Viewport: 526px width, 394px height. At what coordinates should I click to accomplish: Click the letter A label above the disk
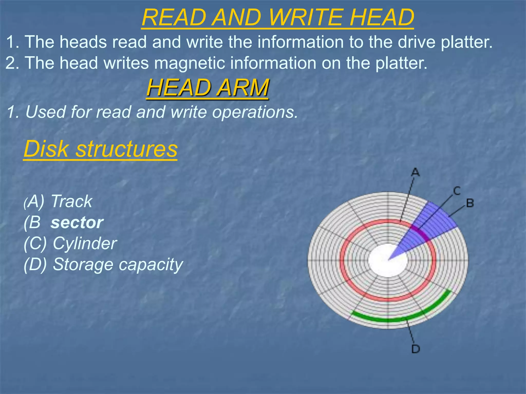point(415,172)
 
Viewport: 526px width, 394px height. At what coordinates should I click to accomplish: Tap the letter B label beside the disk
point(470,203)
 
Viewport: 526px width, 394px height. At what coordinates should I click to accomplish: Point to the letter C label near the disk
point(457,191)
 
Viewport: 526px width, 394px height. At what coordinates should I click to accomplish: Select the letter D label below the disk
point(416,349)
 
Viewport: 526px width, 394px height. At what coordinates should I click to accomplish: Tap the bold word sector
point(77,222)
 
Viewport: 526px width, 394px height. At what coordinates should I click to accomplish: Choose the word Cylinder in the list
point(85,243)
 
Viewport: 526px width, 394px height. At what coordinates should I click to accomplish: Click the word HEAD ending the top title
point(382,17)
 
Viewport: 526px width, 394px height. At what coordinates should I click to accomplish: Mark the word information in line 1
point(300,42)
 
